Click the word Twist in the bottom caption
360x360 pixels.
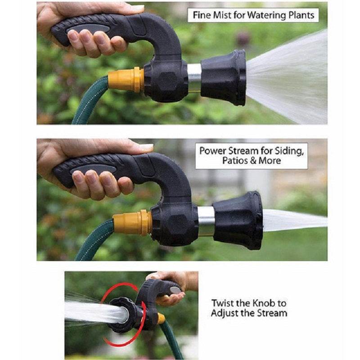224,303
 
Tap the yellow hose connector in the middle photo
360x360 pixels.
132,221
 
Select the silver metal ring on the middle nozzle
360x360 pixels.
205,220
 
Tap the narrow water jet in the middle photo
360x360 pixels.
292,220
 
